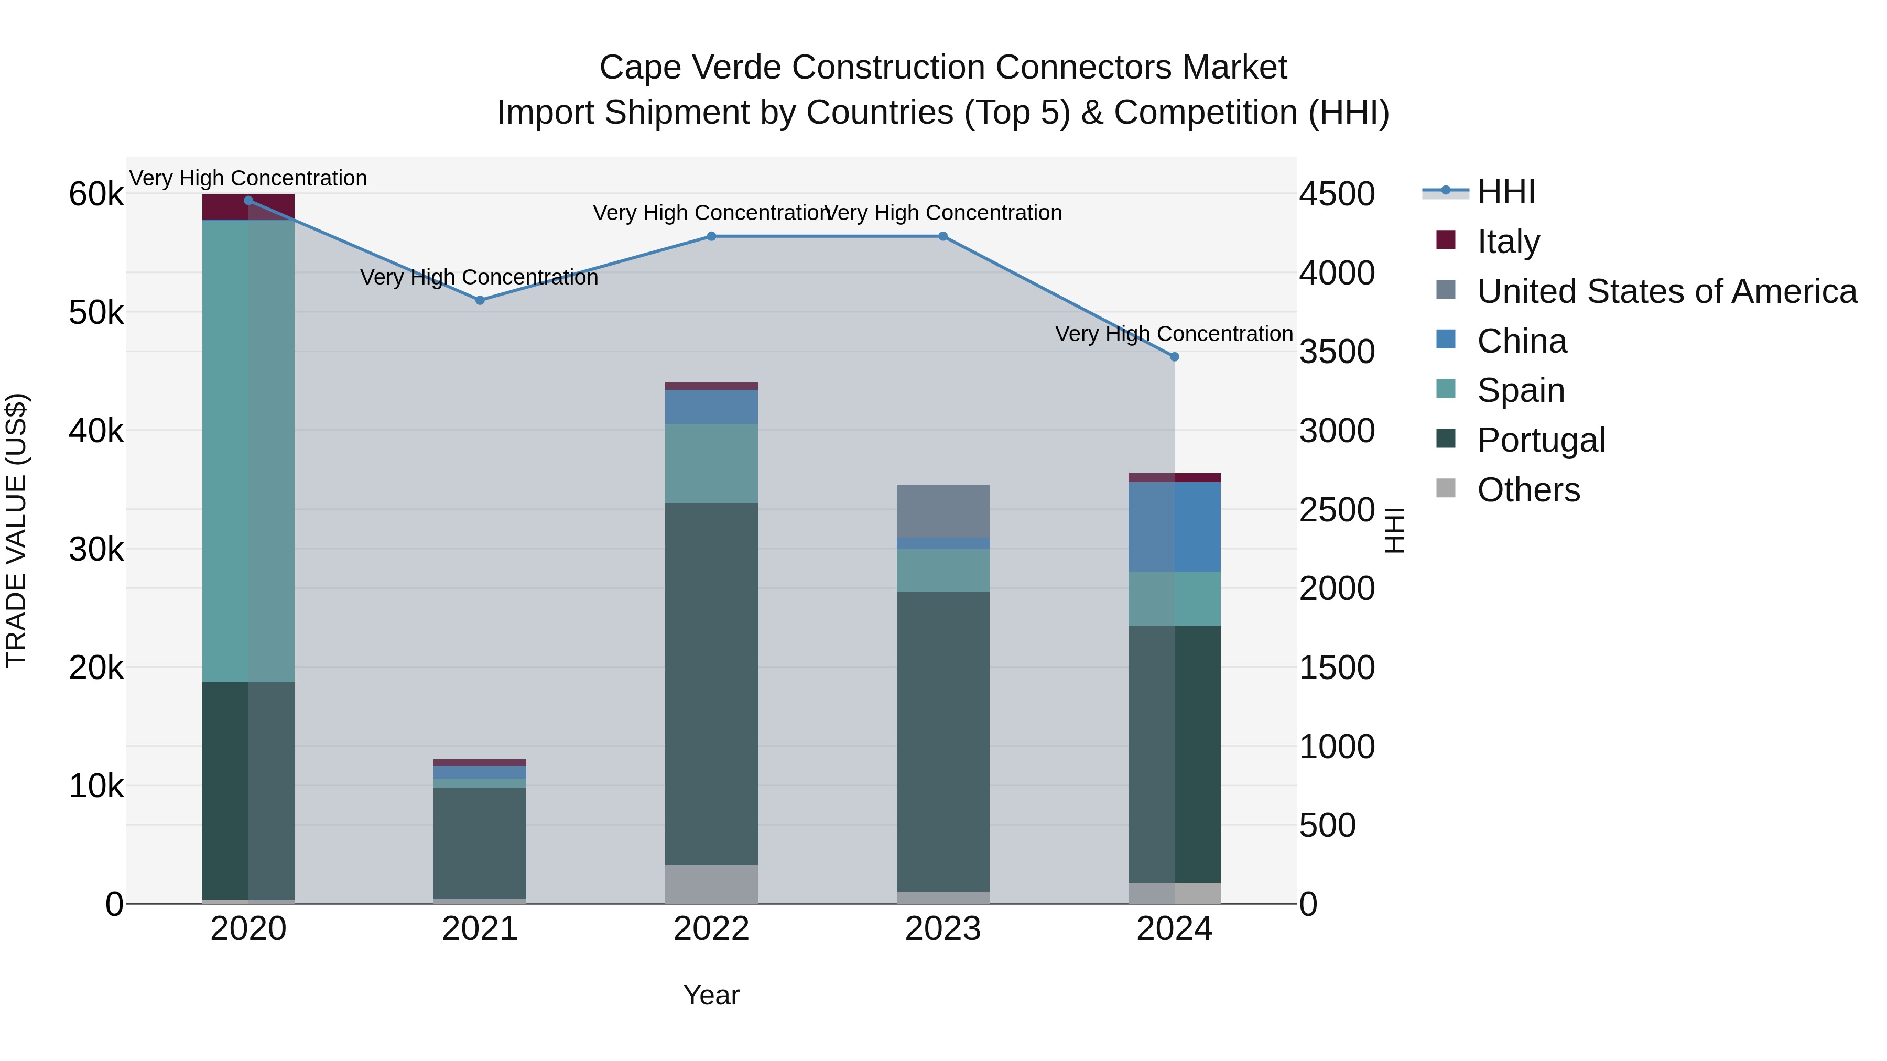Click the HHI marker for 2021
point(480,300)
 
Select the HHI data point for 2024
point(1174,357)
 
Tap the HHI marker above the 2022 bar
point(711,236)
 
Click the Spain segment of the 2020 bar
point(248,450)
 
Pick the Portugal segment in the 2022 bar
point(711,683)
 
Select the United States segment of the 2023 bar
point(943,510)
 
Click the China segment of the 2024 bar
point(1174,527)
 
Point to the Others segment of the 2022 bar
point(711,884)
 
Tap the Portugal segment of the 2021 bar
point(480,843)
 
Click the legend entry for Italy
point(1508,242)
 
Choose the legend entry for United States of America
point(1666,291)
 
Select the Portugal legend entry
point(1541,440)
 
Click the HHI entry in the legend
point(1505,192)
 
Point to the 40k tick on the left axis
point(96,431)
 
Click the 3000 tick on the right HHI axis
point(1337,431)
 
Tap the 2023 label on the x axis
point(943,929)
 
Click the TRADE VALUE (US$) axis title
point(16,530)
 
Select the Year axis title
point(711,995)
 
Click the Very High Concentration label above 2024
point(1174,334)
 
